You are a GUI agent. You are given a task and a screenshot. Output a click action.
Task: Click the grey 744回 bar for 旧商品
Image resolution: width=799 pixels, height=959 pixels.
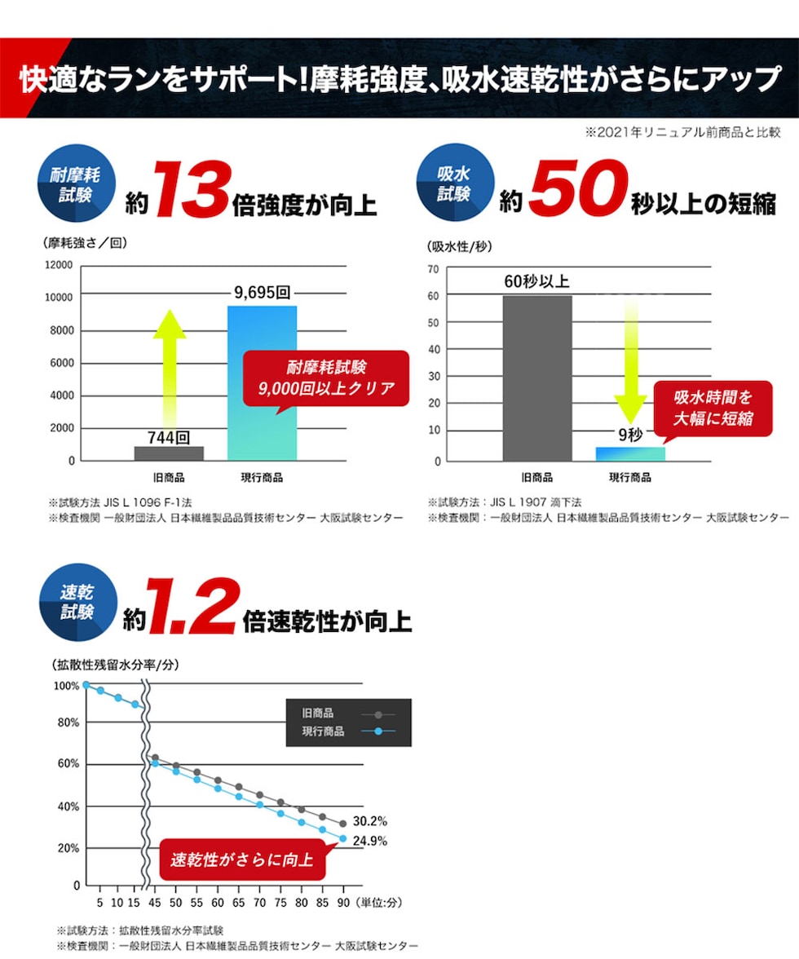(169, 453)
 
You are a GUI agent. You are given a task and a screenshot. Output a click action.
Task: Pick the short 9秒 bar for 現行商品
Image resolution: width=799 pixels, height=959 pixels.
(630, 453)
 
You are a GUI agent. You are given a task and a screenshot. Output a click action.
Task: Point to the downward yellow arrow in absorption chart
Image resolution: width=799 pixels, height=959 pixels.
(629, 359)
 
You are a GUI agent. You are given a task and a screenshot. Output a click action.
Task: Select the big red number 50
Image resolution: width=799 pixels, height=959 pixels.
(576, 192)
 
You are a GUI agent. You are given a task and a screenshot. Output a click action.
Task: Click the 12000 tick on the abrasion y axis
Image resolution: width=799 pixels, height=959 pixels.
(59, 266)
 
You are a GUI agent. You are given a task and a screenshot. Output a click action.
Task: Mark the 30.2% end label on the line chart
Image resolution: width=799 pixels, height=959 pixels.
(370, 821)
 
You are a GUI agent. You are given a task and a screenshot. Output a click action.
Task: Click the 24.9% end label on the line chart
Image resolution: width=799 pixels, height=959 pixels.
(370, 841)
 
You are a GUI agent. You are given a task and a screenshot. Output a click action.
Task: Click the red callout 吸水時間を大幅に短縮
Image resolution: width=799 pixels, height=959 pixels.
(712, 408)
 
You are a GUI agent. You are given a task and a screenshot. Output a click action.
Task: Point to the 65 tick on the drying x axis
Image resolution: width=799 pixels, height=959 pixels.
(239, 903)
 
